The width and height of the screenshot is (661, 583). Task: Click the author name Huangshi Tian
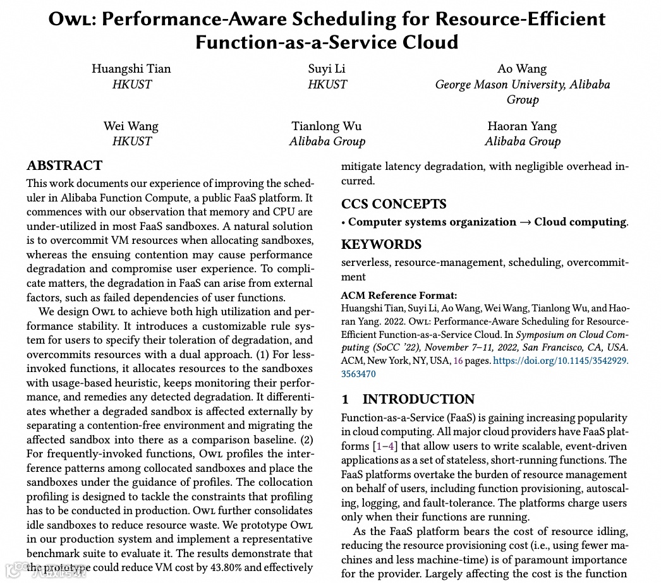click(x=131, y=69)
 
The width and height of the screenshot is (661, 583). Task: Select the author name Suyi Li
click(x=327, y=69)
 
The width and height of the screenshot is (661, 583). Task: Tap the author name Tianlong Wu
click(x=327, y=126)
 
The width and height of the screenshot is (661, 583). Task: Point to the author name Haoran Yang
click(x=522, y=126)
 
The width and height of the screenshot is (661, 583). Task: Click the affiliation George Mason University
click(x=500, y=85)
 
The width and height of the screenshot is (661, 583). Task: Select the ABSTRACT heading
click(x=64, y=166)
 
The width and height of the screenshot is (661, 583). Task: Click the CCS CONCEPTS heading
click(x=394, y=204)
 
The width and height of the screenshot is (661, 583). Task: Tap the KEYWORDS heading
click(x=381, y=244)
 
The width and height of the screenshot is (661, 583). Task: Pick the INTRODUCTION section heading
click(x=418, y=399)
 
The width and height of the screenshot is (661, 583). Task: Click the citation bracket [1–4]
click(x=385, y=446)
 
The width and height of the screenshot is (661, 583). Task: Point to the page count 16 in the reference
click(x=459, y=361)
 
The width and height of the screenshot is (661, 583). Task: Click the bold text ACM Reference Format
click(x=399, y=295)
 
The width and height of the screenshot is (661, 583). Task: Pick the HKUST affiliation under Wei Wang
click(x=131, y=141)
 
